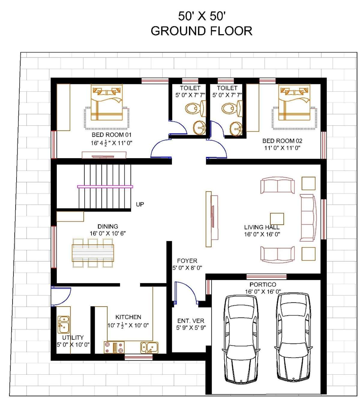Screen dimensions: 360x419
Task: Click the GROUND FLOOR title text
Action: click(201, 31)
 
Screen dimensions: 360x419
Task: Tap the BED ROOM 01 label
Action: click(111, 135)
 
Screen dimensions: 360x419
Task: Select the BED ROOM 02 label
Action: click(282, 141)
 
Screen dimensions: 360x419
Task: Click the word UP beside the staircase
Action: click(140, 204)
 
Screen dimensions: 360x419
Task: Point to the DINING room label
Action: click(108, 226)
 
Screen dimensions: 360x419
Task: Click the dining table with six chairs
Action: click(93, 253)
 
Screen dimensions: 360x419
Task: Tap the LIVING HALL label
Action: click(262, 227)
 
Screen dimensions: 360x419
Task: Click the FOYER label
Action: click(187, 260)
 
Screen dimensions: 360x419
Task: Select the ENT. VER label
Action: click(190, 321)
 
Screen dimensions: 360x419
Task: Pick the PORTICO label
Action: click(262, 284)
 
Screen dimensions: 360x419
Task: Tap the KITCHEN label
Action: click(128, 317)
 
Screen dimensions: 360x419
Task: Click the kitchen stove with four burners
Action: click(114, 347)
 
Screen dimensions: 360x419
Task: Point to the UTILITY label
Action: click(73, 337)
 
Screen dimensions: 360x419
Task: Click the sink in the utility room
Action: click(64, 325)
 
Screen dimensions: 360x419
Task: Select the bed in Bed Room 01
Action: click(106, 103)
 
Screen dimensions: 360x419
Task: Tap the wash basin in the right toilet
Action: click(236, 128)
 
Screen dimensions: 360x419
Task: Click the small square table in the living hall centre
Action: click(277, 219)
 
